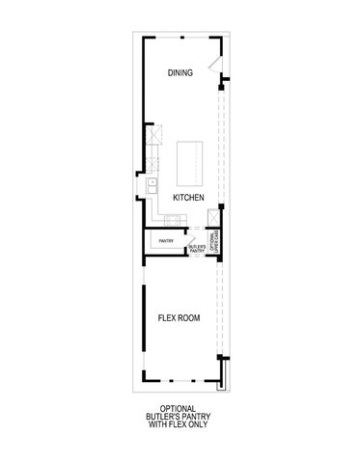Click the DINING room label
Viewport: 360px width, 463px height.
point(180,73)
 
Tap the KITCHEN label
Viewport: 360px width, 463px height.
point(187,197)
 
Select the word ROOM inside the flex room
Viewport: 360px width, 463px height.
point(190,317)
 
